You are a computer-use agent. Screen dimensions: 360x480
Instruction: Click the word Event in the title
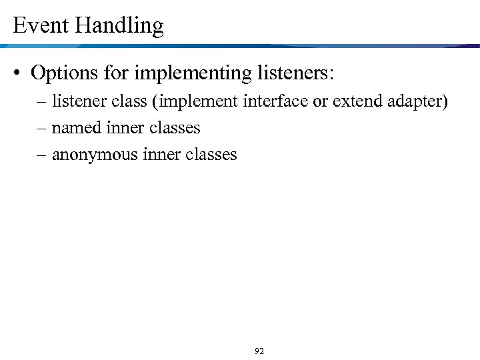41,26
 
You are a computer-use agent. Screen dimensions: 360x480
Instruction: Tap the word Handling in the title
119,27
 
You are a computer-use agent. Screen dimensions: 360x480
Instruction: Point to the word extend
357,101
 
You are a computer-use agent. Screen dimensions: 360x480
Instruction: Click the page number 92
259,351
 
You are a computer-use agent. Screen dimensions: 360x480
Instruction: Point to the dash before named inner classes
43,127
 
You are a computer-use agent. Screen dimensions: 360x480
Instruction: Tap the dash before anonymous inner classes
43,155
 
